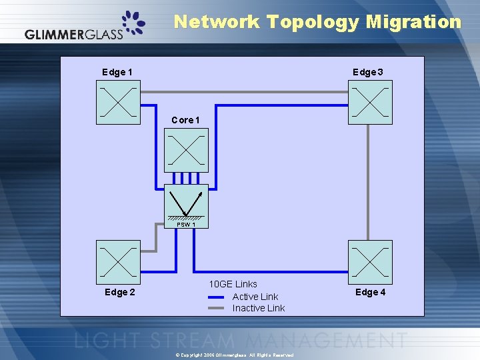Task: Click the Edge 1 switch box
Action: pos(119,103)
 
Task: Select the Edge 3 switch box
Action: pos(370,103)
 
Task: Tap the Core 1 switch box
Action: pos(186,150)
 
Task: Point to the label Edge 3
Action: pos(367,72)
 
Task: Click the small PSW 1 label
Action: pos(186,225)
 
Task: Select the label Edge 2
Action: pos(120,292)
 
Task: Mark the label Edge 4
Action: pos(371,292)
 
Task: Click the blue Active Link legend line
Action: pos(216,297)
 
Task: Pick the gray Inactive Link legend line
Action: pos(216,308)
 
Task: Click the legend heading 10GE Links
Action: pos(233,284)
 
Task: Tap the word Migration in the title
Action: pos(413,22)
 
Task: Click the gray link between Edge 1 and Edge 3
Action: pos(244,91)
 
